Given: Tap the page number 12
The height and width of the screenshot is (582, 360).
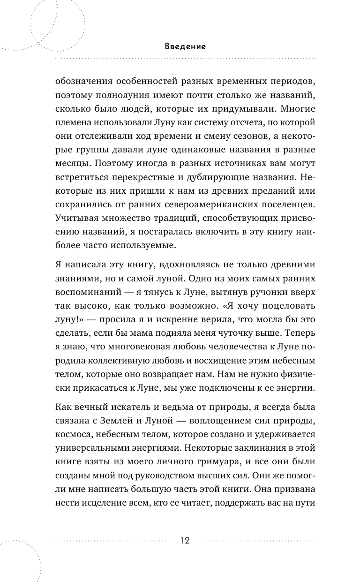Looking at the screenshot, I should pyautogui.click(x=185, y=540).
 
